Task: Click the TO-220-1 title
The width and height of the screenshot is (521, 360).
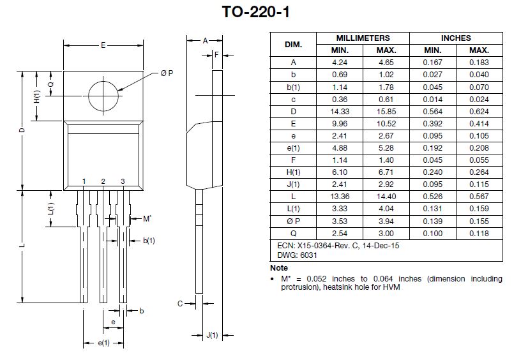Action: (260, 12)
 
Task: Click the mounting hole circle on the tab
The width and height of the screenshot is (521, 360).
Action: (103, 96)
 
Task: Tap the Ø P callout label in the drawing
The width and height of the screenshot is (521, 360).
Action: (167, 73)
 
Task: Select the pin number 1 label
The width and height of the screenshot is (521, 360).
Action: (84, 182)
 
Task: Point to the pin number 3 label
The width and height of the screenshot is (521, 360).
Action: (123, 182)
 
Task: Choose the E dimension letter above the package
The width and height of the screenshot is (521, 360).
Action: (103, 46)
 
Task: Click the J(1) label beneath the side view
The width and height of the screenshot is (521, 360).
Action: (213, 335)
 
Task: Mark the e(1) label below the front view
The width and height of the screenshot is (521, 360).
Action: (103, 343)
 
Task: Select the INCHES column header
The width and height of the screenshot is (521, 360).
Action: (456, 38)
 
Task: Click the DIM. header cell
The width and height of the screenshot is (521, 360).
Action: (293, 45)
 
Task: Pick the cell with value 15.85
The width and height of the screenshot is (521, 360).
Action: (386, 111)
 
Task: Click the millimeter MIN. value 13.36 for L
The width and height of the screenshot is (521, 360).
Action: (339, 197)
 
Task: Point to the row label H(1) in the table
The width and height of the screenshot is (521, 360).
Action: (293, 172)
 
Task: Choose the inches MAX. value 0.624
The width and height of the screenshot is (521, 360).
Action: (479, 111)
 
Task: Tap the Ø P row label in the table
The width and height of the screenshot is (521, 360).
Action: (293, 221)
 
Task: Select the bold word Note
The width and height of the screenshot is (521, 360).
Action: (279, 268)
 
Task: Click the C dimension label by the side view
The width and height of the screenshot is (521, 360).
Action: (180, 303)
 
